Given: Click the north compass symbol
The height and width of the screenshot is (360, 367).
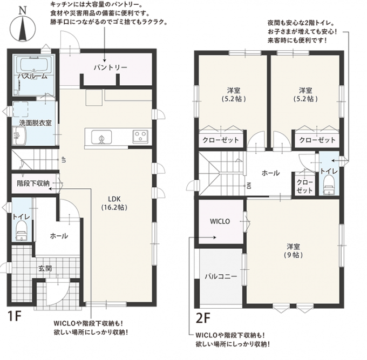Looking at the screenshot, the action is [23, 25].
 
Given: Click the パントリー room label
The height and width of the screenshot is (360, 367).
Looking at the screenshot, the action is [111, 67].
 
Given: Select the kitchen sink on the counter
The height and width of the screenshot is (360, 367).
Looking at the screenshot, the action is [101, 137].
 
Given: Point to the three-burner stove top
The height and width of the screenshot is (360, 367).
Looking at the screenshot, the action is [140, 137].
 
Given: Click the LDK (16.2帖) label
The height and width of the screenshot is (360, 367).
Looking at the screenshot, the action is [114, 203].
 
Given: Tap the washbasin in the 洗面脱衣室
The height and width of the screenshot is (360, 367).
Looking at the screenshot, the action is [19, 136].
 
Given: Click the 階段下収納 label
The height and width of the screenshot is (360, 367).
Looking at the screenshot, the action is [33, 184].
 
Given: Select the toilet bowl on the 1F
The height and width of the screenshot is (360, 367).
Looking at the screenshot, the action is [22, 230].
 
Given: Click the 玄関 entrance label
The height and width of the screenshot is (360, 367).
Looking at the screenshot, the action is [45, 268].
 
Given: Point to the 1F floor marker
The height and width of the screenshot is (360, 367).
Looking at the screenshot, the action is [15, 316].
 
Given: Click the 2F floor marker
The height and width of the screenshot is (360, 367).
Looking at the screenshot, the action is [203, 318].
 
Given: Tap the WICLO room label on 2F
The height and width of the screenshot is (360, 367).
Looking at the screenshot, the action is [220, 221].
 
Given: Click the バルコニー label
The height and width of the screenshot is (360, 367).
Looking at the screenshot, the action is [221, 276].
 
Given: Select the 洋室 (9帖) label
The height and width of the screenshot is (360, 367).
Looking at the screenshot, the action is [293, 250].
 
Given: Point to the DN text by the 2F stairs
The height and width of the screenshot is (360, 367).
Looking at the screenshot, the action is [249, 186].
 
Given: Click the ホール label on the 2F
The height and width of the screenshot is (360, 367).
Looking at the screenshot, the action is [270, 173].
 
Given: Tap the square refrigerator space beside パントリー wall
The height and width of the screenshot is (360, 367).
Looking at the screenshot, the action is [94, 97].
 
